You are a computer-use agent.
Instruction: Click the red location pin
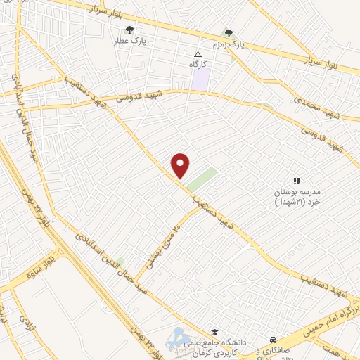pos(181,166)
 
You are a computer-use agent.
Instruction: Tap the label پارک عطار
pos(130,41)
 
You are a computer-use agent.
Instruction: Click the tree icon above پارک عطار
pos(129,30)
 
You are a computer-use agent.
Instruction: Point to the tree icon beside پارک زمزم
pos(226,32)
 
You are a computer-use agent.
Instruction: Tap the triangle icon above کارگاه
pos(198,53)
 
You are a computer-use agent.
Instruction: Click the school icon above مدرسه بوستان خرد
pos(297,181)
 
